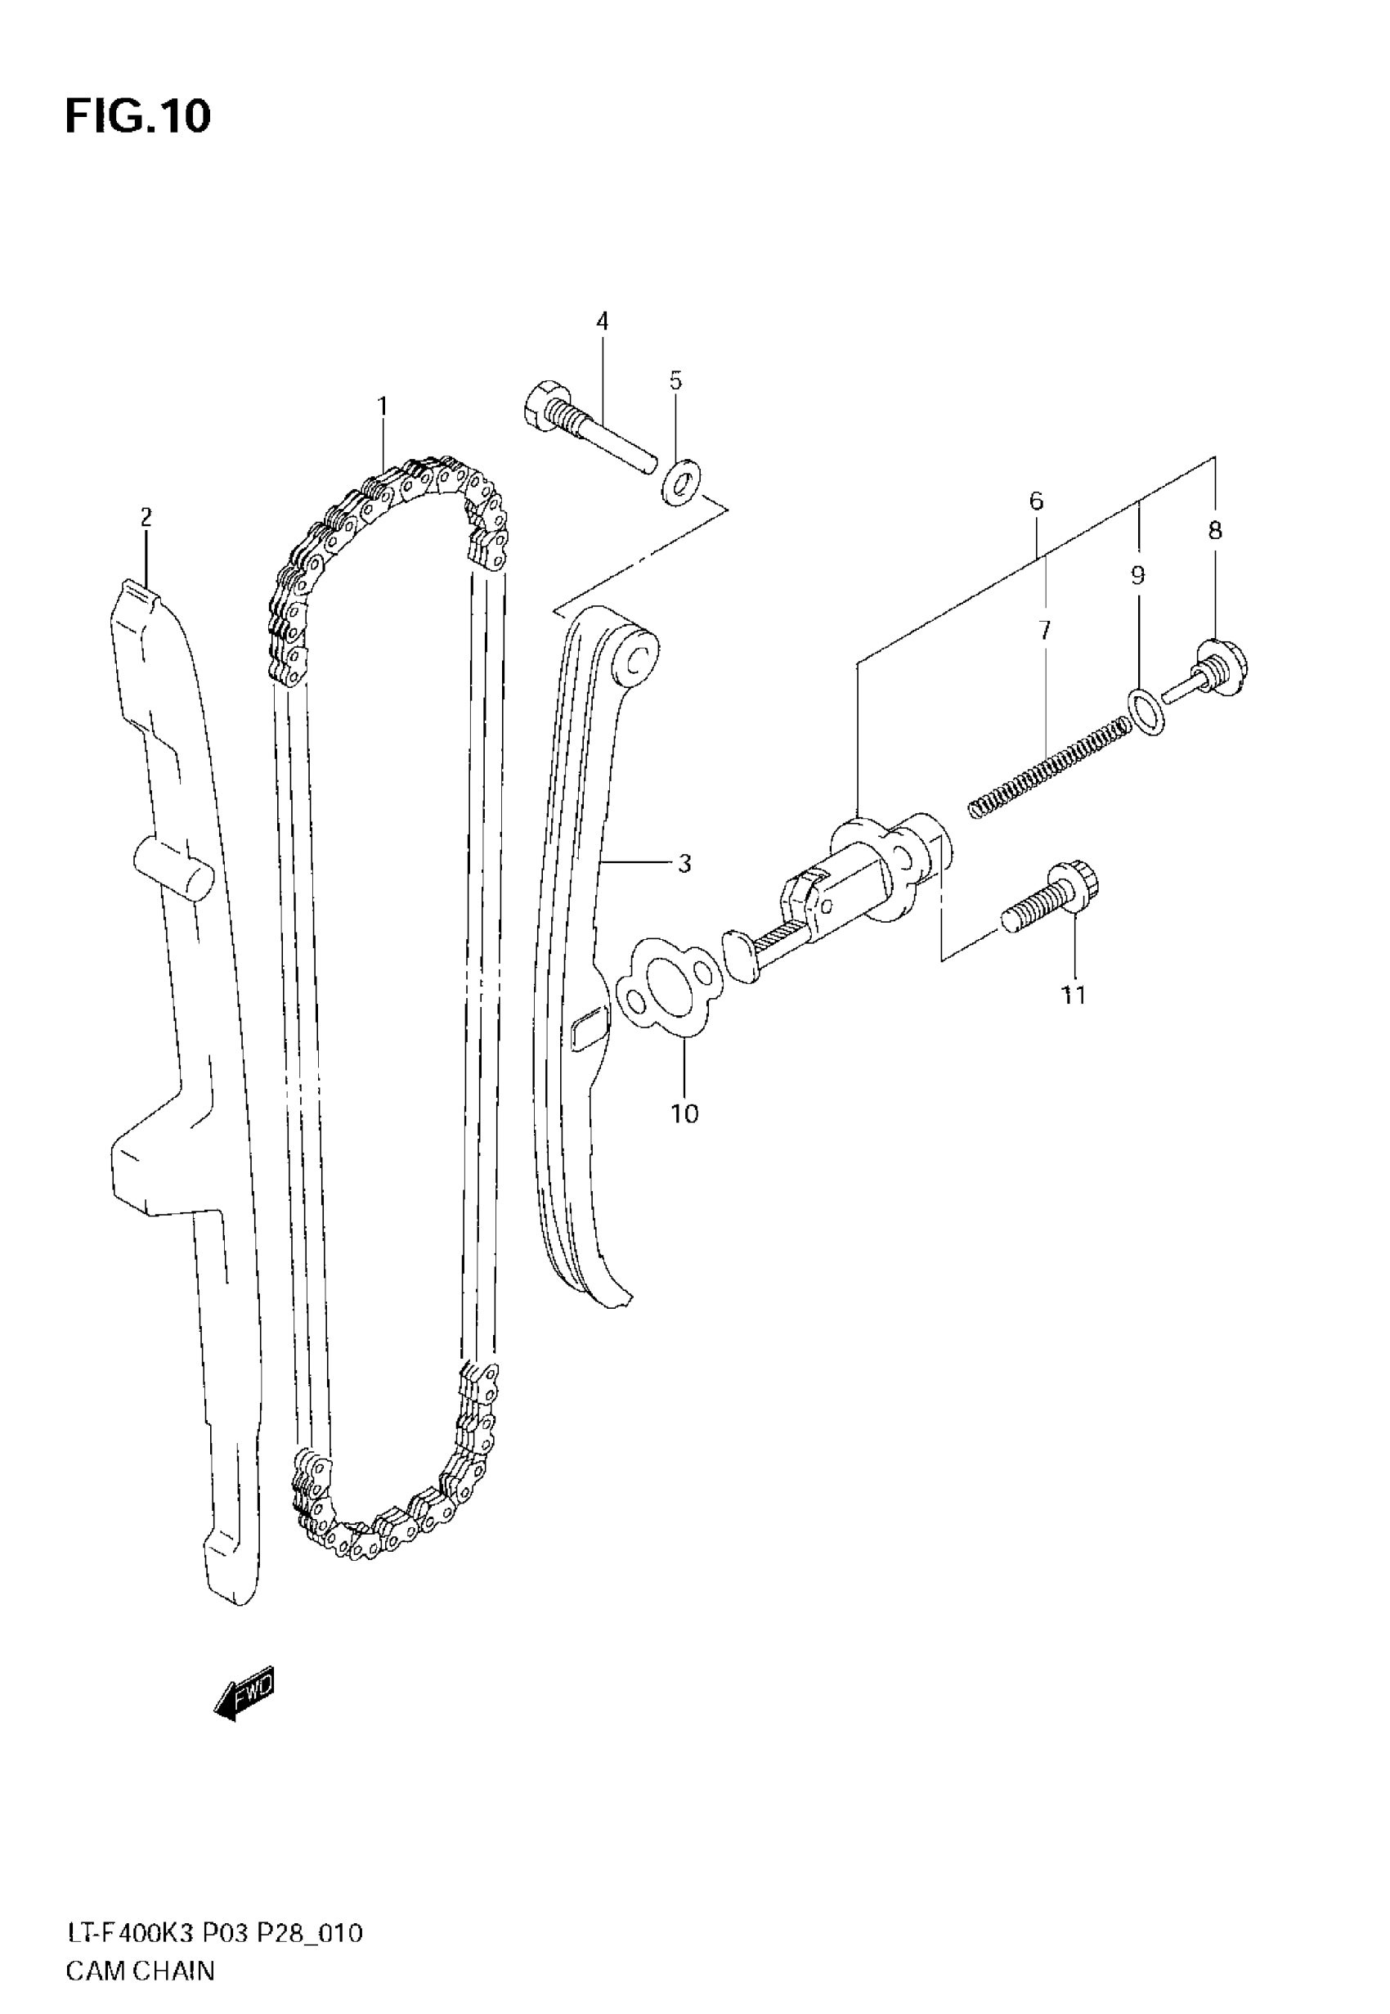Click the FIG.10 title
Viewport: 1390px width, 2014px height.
(x=137, y=116)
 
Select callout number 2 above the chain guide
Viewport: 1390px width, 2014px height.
(x=146, y=518)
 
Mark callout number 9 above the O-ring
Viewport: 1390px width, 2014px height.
(x=1137, y=575)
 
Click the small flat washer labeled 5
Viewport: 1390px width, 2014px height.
(x=679, y=482)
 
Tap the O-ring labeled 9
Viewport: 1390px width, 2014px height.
(x=1147, y=711)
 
